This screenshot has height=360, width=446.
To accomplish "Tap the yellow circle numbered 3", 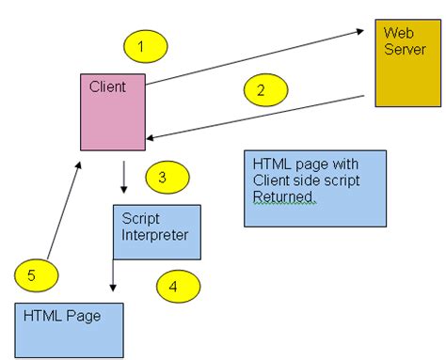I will [167, 176].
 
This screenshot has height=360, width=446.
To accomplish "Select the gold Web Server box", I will [407, 62].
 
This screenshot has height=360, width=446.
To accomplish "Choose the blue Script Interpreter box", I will [156, 232].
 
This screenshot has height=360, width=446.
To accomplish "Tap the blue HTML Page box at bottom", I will [70, 329].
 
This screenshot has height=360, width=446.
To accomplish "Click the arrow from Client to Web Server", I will [254, 57].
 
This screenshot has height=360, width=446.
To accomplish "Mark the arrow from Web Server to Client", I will [254, 116].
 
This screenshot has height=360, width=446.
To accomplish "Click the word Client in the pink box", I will [107, 87].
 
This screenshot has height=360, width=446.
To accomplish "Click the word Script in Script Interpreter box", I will [140, 217].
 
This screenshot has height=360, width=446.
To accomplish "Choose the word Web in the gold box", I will [396, 32].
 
